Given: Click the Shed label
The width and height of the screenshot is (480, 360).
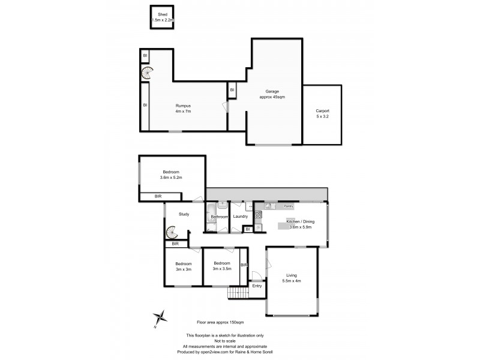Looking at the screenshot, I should point(162,14).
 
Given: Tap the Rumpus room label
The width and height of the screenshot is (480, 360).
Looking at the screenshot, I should point(183,106).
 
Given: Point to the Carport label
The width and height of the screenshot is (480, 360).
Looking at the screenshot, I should point(322,111).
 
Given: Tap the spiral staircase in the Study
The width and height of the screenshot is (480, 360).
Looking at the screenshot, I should point(172,231).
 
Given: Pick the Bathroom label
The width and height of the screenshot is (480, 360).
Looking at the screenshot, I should point(219,217).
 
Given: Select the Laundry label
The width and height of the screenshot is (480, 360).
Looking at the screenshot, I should point(241,217).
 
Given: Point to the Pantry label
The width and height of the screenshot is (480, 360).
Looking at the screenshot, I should point(289,206).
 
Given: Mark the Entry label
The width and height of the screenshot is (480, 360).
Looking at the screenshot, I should point(257,286).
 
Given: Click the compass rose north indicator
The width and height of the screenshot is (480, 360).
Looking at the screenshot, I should point(159,317).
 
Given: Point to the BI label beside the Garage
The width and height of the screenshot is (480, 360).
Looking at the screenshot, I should point(232,90).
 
